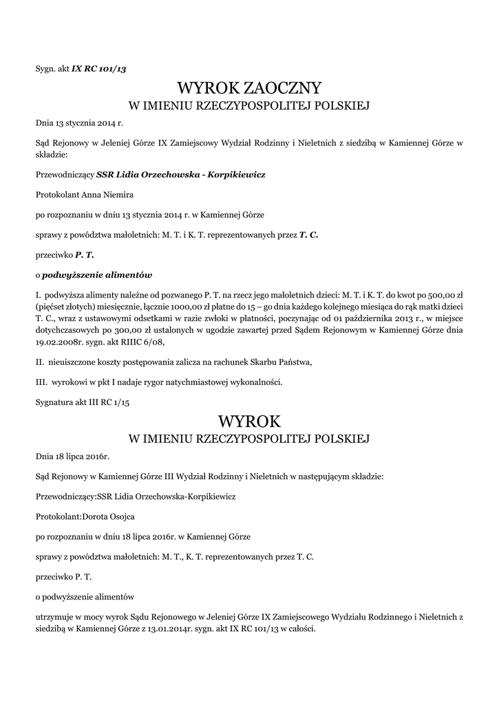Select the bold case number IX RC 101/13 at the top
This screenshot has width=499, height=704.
click(99, 69)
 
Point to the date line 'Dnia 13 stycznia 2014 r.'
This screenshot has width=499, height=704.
click(79, 124)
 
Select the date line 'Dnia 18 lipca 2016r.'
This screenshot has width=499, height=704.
click(72, 456)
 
